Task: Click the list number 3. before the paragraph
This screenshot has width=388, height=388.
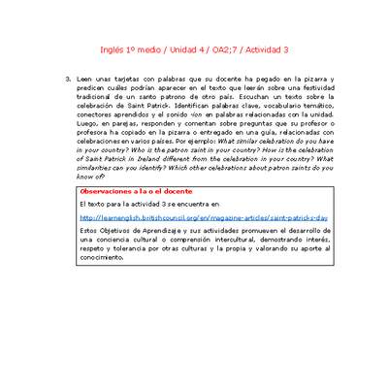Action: click(67, 78)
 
